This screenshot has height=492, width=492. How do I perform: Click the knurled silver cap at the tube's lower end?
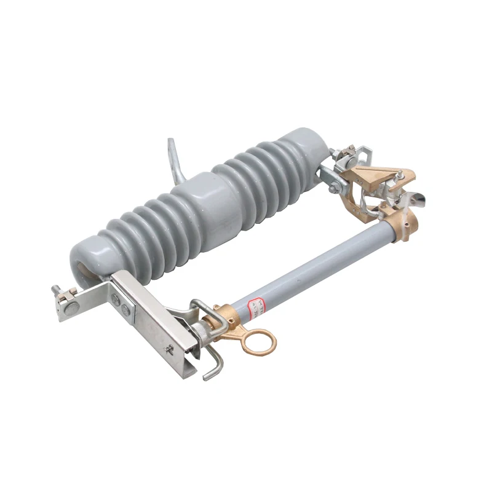coord(201,335)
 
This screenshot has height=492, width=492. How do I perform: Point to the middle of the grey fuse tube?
coord(320,265)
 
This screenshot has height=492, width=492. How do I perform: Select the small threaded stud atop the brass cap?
coord(399,175)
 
